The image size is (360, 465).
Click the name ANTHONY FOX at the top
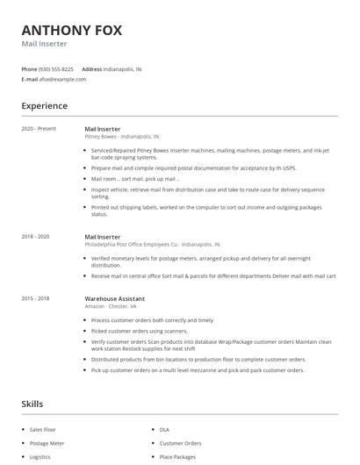coord(72,30)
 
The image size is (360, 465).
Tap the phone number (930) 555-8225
coord(56,68)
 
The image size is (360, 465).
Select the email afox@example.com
coord(62,79)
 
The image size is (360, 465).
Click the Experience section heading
coord(44,106)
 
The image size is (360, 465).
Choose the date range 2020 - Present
coord(39,129)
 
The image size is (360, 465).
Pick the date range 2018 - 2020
coord(36,236)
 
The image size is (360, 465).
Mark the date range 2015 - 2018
coord(36,298)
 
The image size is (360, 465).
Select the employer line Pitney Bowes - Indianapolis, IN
coord(122,137)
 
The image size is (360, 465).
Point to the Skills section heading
coord(33,404)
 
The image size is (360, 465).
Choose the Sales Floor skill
coord(43,430)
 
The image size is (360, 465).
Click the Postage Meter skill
coord(47,443)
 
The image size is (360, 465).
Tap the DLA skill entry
coord(164,430)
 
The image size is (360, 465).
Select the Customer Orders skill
coord(180,443)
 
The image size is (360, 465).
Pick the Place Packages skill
coord(178,457)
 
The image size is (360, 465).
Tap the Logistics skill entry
coord(40,457)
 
